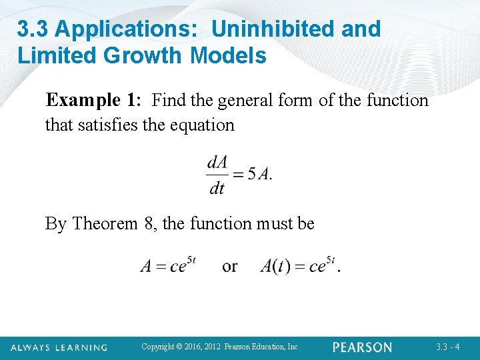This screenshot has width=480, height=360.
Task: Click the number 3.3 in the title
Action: (33, 29)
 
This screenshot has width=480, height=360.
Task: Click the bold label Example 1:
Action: (93, 101)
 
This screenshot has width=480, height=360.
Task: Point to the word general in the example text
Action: (244, 101)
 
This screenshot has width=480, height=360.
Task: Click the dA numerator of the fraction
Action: (218, 162)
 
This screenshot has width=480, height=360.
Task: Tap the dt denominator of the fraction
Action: (217, 189)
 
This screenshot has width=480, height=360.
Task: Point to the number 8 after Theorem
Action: (149, 223)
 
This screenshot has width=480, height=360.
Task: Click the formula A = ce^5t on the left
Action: (168, 265)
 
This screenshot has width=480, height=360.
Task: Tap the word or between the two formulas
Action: (229, 266)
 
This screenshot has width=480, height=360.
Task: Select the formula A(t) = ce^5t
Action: (297, 265)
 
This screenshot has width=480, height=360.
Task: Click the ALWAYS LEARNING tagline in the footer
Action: (59, 347)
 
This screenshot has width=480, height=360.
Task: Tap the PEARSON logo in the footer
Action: (362, 347)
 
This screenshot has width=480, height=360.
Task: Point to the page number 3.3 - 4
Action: (447, 347)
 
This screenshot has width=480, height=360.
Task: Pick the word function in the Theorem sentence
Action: (224, 223)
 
